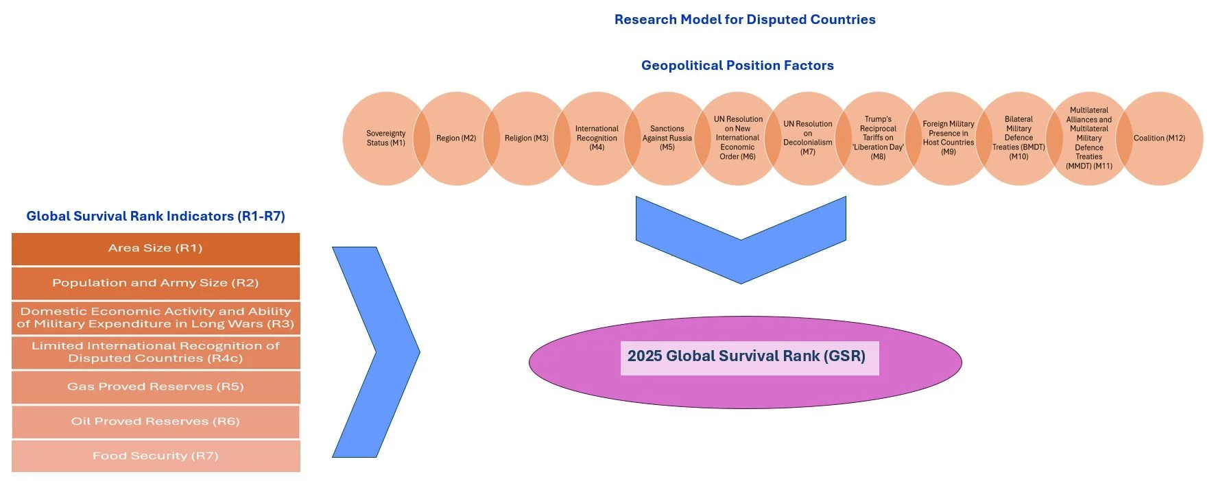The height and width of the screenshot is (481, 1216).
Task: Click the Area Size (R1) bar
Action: tap(156, 249)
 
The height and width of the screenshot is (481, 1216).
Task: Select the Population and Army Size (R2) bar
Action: tap(156, 283)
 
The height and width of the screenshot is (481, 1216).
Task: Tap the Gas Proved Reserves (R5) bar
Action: tap(156, 387)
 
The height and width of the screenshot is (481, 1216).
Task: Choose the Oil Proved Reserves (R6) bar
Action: tap(156, 421)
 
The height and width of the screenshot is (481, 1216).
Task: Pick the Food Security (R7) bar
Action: tap(156, 456)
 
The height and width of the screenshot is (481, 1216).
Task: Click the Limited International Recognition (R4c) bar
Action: tap(156, 352)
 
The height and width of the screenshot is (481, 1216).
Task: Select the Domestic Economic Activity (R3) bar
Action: tap(156, 318)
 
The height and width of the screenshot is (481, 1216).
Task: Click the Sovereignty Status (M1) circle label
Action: tap(385, 138)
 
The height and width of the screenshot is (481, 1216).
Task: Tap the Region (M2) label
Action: tap(456, 138)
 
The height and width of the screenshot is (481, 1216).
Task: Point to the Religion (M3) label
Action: tap(527, 138)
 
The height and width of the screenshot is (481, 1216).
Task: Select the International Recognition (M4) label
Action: tap(597, 138)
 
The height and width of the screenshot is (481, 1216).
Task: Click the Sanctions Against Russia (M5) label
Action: tap(667, 138)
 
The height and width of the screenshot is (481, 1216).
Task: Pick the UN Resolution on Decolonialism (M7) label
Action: tap(808, 138)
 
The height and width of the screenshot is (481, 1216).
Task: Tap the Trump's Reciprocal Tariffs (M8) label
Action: tap(878, 138)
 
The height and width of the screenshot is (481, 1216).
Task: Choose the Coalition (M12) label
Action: tap(1159, 138)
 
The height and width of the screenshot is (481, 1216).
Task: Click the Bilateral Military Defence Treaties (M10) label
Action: tap(1018, 138)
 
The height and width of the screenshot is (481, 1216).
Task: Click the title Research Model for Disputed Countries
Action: tap(745, 20)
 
